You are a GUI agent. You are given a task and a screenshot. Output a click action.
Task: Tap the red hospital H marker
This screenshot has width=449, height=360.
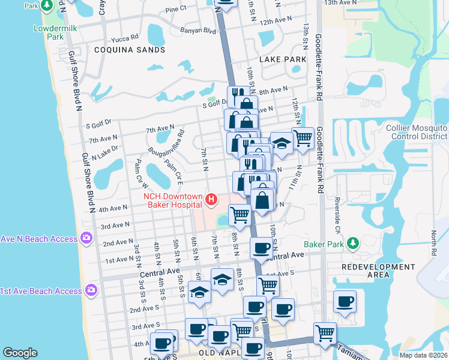click(x=211, y=199)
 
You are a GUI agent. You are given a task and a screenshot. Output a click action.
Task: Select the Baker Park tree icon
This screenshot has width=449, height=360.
click(x=354, y=244)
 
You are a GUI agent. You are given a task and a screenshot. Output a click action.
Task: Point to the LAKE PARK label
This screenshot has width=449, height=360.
click(x=283, y=60)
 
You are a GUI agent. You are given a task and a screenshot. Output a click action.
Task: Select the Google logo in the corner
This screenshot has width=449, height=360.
click(x=20, y=353)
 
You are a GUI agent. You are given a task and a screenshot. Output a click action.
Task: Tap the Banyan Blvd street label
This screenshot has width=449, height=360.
click(x=197, y=30)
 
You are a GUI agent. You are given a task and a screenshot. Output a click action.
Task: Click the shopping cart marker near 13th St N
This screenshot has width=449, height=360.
click(x=304, y=138)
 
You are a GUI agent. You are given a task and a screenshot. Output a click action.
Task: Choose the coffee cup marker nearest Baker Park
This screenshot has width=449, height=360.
click(x=261, y=247)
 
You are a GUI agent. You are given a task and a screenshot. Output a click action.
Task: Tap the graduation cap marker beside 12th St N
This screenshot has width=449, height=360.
click(x=281, y=143)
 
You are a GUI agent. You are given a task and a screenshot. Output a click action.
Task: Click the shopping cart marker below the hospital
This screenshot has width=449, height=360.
click(x=240, y=214)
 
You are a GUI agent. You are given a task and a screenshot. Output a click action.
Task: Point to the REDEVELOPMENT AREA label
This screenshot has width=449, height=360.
click(x=378, y=271)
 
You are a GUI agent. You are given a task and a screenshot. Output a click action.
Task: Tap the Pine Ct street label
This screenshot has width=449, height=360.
click(x=176, y=10)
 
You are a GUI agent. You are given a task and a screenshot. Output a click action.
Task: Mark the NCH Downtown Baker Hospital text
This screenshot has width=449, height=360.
click(x=174, y=200)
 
